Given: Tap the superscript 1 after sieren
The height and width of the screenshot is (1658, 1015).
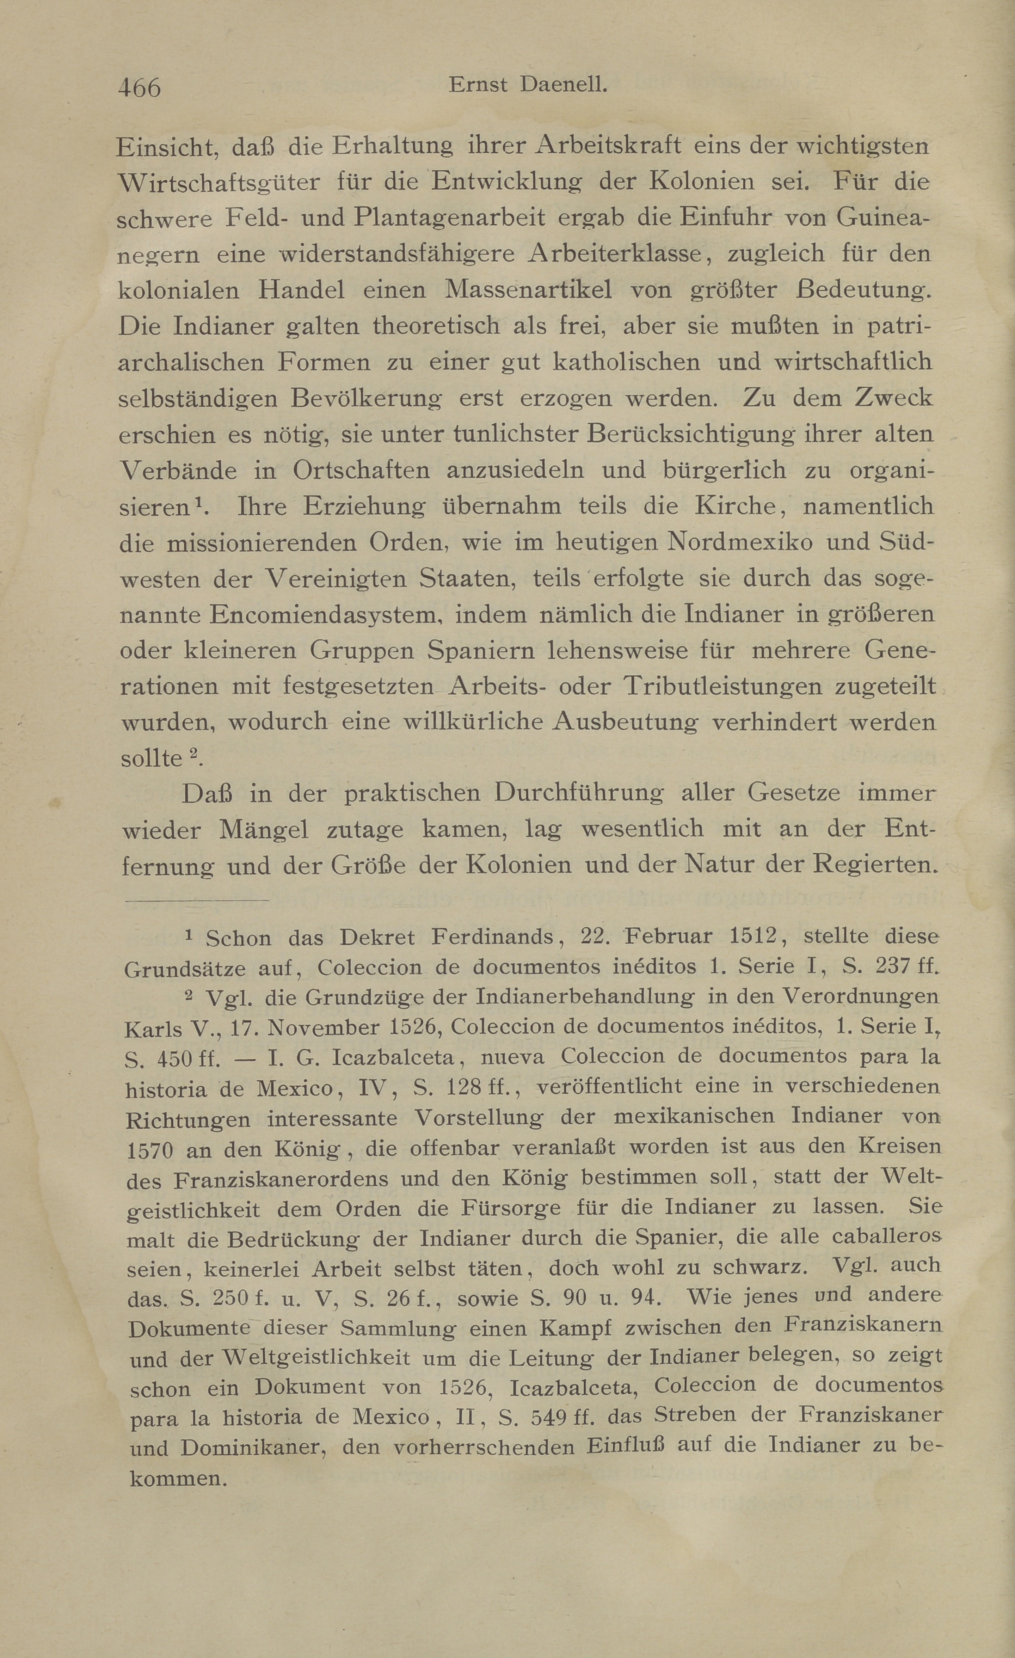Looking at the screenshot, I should (198, 503).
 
